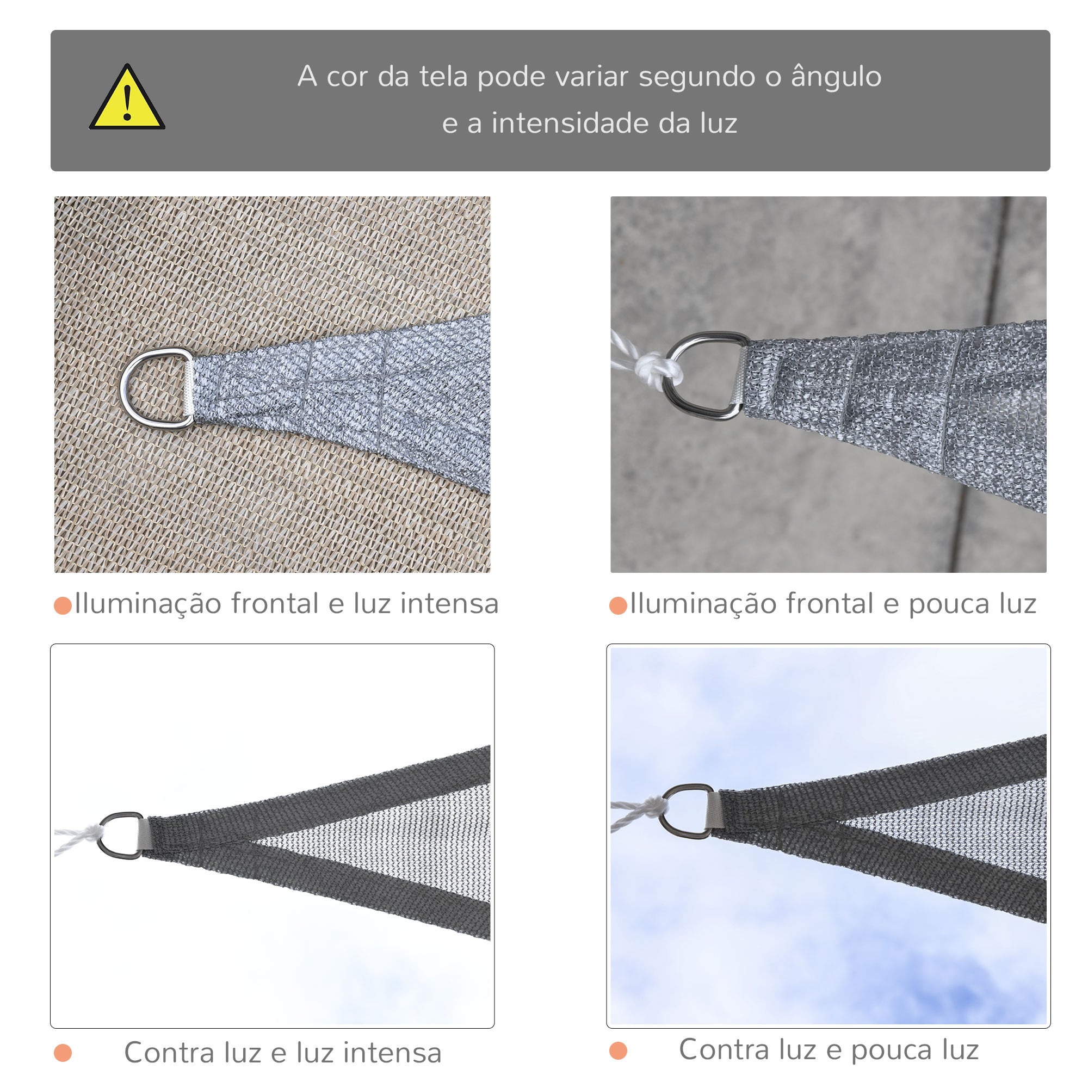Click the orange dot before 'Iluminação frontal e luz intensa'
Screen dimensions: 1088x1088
[63, 606]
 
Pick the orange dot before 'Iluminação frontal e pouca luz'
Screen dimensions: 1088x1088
[619, 606]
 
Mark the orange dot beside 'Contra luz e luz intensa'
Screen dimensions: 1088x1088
[63, 1053]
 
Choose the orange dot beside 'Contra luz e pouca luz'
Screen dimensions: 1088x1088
[619, 1050]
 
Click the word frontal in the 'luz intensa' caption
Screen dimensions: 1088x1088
[275, 604]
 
